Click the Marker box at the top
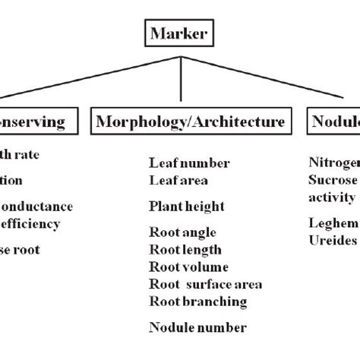pos(181,33)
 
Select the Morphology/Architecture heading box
pos(191,122)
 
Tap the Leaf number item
pos(189,163)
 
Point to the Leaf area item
pos(178,181)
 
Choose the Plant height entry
pos(187,206)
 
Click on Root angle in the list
pos(183,232)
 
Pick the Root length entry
pos(185,250)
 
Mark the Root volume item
pos(188,267)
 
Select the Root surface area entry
pos(206,284)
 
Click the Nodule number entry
pos(197,328)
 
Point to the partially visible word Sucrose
pos(333,180)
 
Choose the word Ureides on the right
pos(333,239)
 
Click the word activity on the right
pos(332,197)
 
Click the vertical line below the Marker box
pos(181,76)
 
